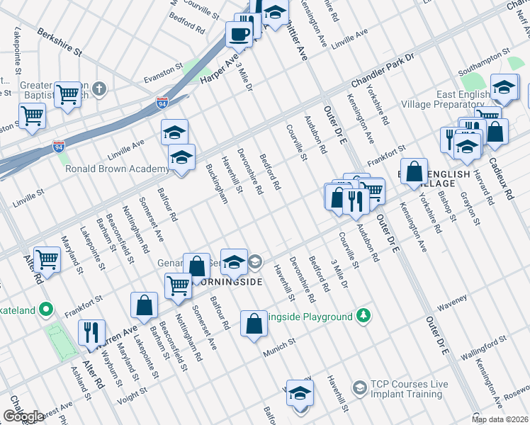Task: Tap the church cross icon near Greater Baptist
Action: pyautogui.click(x=100, y=89)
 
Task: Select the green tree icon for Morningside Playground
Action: pyautogui.click(x=363, y=314)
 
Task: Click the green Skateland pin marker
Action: pyautogui.click(x=46, y=309)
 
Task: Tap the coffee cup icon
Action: pyautogui.click(x=239, y=33)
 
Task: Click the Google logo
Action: pyautogui.click(x=23, y=416)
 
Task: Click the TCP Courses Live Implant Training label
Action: pyautogui.click(x=409, y=389)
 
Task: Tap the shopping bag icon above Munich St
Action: pyautogui.click(x=254, y=324)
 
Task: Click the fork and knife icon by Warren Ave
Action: pyautogui.click(x=91, y=332)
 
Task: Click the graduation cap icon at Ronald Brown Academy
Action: pyautogui.click(x=181, y=158)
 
